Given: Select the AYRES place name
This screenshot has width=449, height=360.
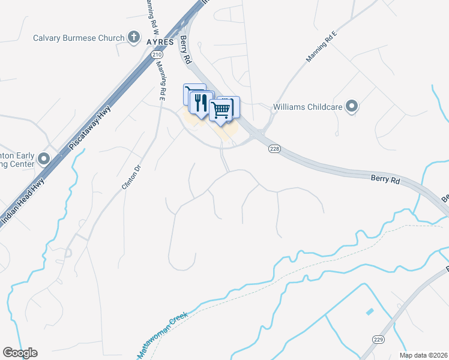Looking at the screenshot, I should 160,42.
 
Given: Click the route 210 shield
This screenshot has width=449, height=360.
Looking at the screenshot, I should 157,55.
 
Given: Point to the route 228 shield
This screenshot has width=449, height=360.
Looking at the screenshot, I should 274,149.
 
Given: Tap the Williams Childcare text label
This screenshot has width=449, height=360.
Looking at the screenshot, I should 307,107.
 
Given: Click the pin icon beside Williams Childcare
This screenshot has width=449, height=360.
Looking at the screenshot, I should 352,107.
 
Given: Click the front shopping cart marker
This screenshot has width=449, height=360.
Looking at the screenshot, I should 220,110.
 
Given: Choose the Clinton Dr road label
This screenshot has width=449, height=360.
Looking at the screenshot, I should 130,178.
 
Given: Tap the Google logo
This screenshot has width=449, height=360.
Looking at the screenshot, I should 20,353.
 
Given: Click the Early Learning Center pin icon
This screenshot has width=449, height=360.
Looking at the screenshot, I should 43,159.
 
